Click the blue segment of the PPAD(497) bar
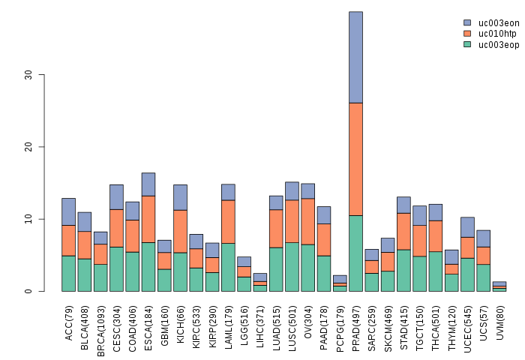(x=355, y=57)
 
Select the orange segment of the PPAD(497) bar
(x=355, y=159)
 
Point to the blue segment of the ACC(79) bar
(x=68, y=211)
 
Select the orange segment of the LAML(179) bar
(x=228, y=222)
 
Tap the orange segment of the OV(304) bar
(x=307, y=221)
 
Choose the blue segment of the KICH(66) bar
(x=180, y=197)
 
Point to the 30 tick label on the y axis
(x=29, y=75)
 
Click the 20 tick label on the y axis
(x=29, y=147)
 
